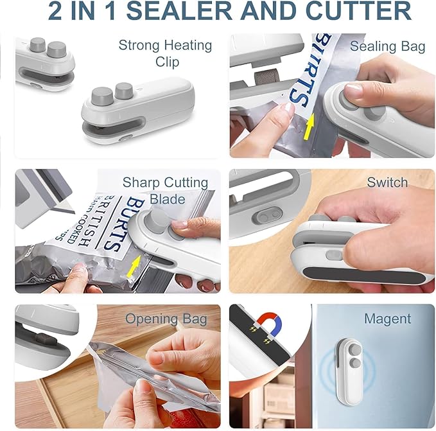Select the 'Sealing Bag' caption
pos(387,46)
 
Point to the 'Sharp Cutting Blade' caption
pos(165,191)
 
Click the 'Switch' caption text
pos(387,182)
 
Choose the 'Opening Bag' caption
pos(166,319)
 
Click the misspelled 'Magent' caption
pos(387,319)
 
